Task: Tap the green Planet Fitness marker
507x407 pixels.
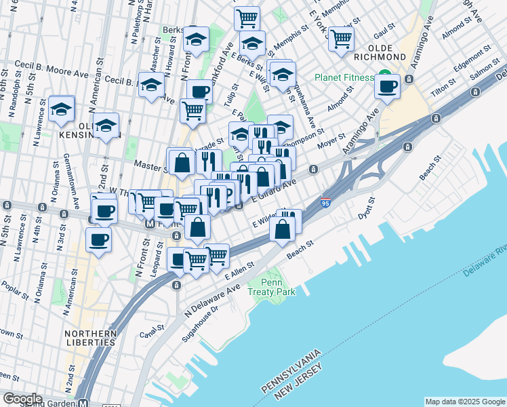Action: [x=384, y=77]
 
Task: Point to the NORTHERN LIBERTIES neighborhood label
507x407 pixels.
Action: [x=91, y=338]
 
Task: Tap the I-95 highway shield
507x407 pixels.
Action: [x=325, y=201]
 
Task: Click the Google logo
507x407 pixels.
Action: [x=22, y=399]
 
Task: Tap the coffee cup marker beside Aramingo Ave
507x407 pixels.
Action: [x=388, y=87]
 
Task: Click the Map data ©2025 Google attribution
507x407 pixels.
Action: [x=464, y=402]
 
